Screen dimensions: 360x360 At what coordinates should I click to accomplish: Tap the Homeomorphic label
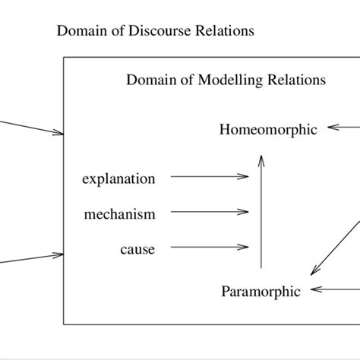click(x=267, y=129)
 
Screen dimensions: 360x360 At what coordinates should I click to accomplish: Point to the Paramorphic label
click(x=261, y=291)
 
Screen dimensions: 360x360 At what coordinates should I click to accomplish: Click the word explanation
click(x=118, y=179)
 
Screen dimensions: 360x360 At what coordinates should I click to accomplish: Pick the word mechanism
click(x=119, y=214)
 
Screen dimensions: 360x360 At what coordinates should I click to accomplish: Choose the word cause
click(x=137, y=249)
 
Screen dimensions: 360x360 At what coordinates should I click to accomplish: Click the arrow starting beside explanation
click(x=210, y=177)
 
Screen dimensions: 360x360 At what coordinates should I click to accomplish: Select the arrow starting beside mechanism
click(x=210, y=212)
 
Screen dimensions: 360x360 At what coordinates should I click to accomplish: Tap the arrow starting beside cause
click(x=210, y=247)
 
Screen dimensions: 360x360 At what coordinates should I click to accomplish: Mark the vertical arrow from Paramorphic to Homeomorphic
click(x=261, y=213)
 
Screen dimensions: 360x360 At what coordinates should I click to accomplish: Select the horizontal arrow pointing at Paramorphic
click(x=335, y=289)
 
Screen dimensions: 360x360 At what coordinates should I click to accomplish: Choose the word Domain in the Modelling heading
click(x=147, y=80)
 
